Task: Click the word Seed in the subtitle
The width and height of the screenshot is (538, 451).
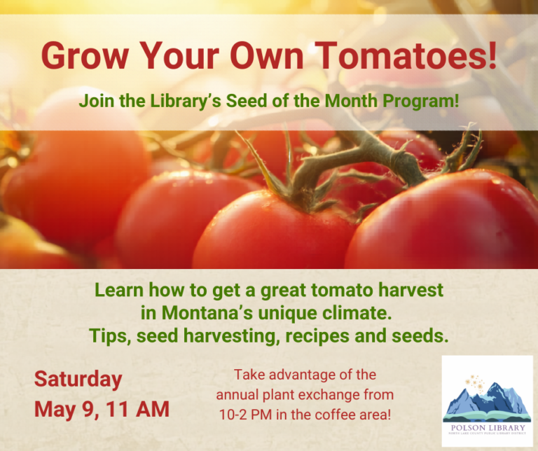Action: [256, 101]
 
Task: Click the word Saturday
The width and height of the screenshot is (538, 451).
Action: [78, 380]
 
